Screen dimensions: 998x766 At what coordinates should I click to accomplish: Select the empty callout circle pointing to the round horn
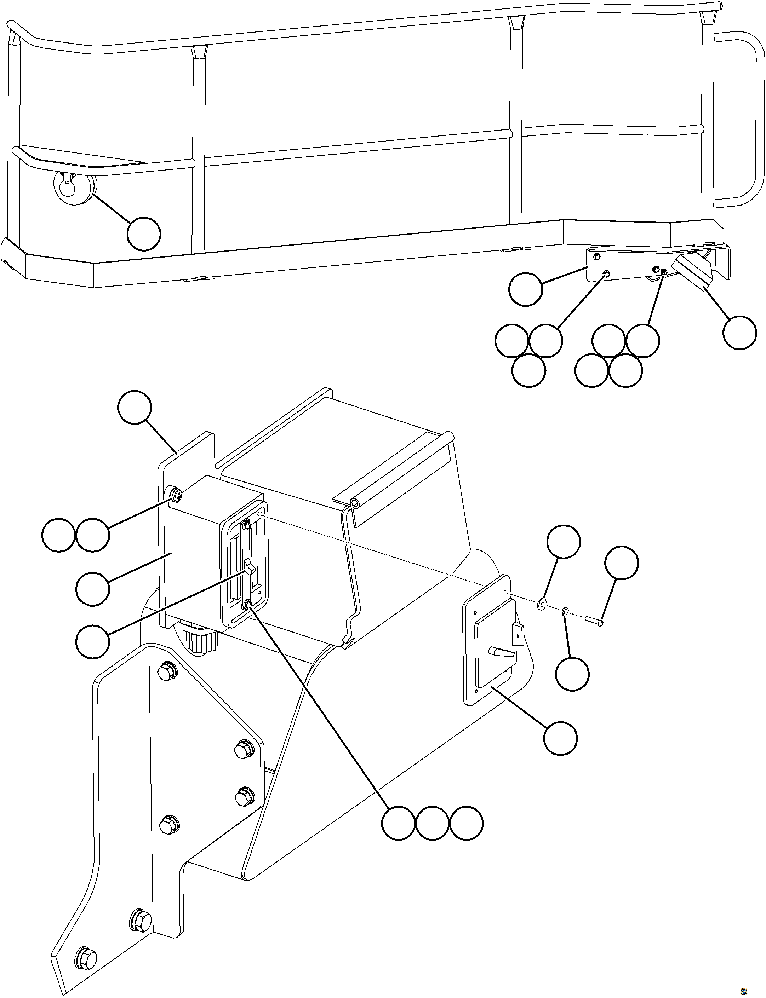(144, 234)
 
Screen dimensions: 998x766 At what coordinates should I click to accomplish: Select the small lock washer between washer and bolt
(565, 611)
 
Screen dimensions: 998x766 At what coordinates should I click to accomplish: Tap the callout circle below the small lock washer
(572, 674)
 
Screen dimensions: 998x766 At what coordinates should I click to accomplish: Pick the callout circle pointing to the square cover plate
(560, 738)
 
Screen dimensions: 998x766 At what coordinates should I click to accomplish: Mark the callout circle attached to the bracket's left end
(525, 289)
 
